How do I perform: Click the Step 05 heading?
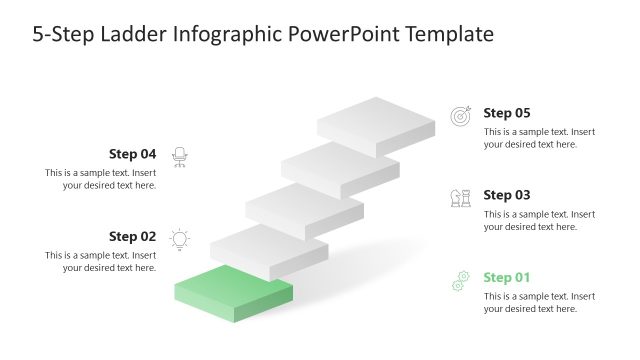point(506,113)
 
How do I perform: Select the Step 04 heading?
point(132,154)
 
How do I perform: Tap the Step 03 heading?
point(506,195)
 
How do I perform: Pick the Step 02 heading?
point(132,237)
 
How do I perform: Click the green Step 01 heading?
point(506,277)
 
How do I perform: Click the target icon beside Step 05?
point(460,116)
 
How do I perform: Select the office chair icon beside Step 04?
point(180,156)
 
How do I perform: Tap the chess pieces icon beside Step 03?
point(460,198)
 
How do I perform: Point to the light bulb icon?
point(180,238)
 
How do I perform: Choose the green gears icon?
point(460,281)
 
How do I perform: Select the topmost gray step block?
point(376,121)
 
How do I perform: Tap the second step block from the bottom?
point(268,250)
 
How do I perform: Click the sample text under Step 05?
point(539,138)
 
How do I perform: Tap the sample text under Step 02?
point(101,261)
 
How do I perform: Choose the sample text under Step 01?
point(539,302)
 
